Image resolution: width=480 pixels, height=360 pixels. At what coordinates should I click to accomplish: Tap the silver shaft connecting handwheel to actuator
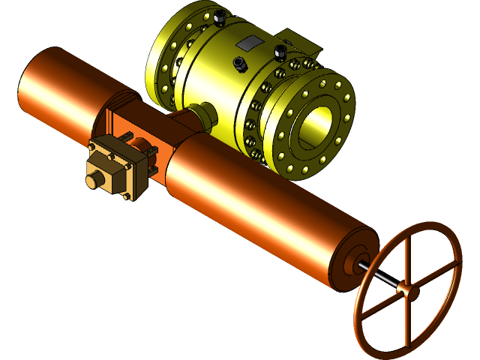pyautogui.click(x=379, y=277)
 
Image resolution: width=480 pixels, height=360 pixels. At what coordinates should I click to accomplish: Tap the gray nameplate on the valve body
pyautogui.click(x=250, y=45)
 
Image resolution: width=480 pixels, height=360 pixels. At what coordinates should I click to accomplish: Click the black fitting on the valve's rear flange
pyautogui.click(x=218, y=16)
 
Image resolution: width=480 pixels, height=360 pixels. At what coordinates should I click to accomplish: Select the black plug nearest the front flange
pyautogui.click(x=281, y=52)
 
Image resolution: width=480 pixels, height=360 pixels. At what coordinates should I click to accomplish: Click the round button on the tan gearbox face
pyautogui.click(x=95, y=181)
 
